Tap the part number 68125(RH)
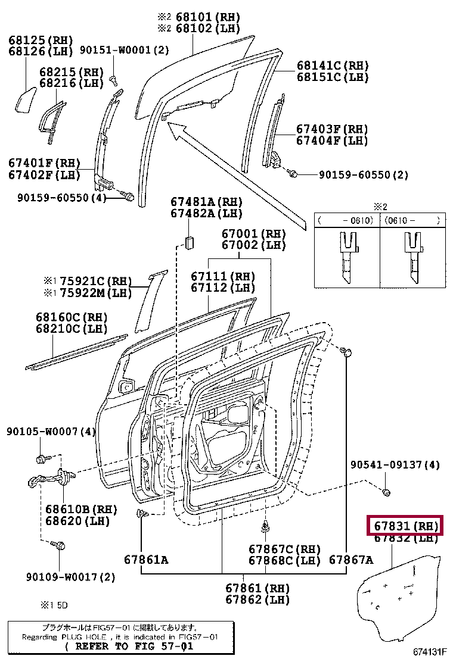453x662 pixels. click(x=41, y=40)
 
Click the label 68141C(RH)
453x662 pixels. click(x=333, y=65)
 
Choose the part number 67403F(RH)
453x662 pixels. click(x=332, y=129)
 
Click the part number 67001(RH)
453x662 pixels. click(x=253, y=234)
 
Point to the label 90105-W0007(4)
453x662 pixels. click(x=51, y=431)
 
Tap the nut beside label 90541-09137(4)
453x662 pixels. click(x=386, y=492)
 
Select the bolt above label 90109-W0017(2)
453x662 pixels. click(x=60, y=545)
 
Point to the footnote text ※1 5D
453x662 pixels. click(x=54, y=605)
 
